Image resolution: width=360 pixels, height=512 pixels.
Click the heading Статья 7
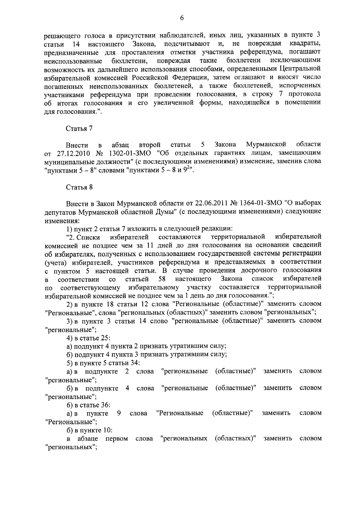[79, 129]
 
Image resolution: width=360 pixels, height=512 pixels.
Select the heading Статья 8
[79, 187]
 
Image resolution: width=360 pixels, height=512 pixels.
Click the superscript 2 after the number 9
[187, 169]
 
